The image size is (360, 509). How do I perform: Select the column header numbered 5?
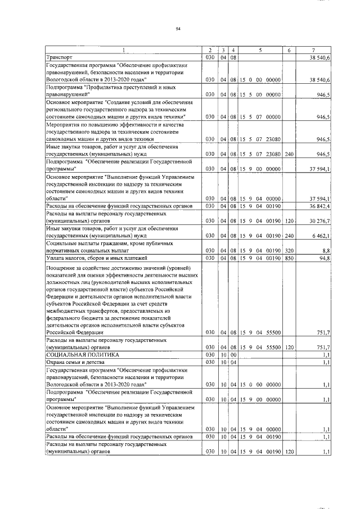(x=260, y=51)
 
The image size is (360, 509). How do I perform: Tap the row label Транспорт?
(x=58, y=57)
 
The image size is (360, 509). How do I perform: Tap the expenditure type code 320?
(x=290, y=250)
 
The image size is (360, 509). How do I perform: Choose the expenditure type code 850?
(x=290, y=258)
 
